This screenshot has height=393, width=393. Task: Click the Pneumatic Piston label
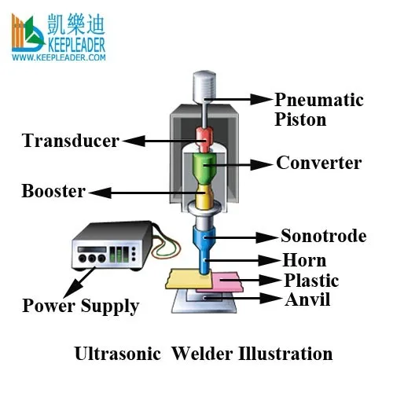(x=318, y=109)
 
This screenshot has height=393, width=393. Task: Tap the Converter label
(x=318, y=163)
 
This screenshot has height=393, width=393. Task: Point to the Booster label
(x=53, y=191)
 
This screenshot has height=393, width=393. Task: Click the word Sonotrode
(x=323, y=236)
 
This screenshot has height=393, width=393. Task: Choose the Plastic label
(x=310, y=281)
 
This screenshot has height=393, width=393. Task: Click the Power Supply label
(x=80, y=306)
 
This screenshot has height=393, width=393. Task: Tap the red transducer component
(x=204, y=141)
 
